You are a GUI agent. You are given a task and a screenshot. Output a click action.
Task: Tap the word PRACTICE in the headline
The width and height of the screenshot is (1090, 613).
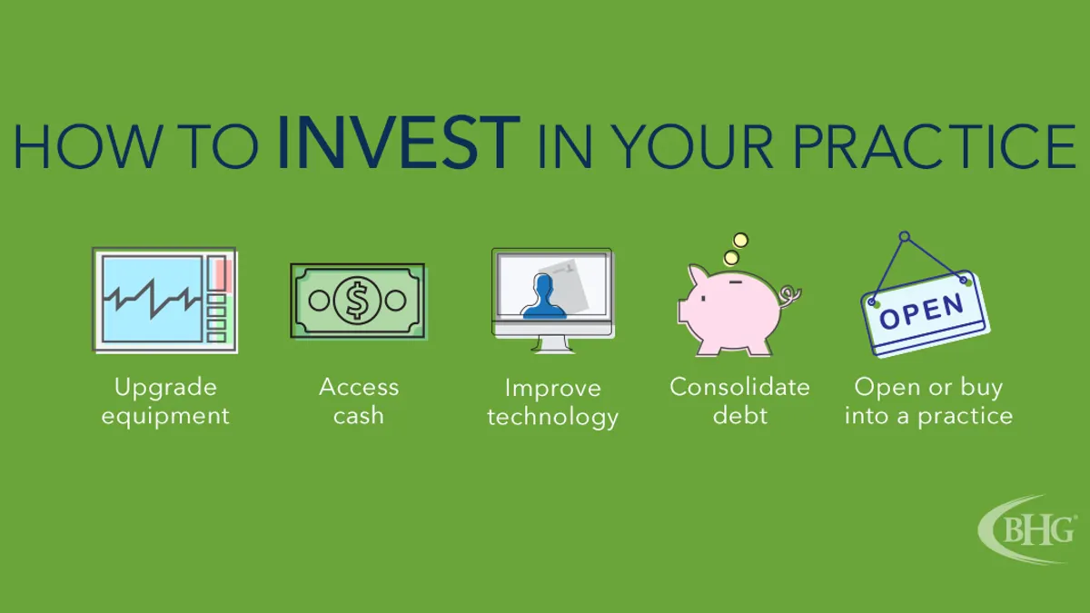tap(935, 145)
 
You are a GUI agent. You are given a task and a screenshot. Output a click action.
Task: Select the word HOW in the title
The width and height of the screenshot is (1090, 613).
tap(87, 145)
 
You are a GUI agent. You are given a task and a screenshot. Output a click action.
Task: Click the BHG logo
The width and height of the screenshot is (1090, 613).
tap(1027, 529)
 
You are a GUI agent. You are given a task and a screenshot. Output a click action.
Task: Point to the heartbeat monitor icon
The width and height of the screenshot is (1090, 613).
tap(164, 301)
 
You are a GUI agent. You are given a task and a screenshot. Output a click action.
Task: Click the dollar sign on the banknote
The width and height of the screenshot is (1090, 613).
tap(357, 301)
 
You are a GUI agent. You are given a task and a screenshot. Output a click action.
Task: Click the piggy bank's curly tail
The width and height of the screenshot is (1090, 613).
tap(789, 296)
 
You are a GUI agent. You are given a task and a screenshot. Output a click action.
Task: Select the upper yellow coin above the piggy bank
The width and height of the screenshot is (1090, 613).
tap(740, 241)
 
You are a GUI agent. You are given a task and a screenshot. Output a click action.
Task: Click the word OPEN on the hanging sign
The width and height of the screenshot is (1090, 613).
tap(922, 311)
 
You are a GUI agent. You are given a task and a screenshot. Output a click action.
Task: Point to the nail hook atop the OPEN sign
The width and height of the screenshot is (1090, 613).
tap(904, 237)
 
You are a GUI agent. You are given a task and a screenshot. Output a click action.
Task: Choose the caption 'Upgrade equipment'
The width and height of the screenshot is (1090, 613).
tap(165, 401)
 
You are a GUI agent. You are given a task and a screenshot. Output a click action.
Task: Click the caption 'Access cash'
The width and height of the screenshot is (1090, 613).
tap(359, 401)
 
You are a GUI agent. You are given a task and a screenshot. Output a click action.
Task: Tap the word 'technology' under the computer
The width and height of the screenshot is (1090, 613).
tap(553, 418)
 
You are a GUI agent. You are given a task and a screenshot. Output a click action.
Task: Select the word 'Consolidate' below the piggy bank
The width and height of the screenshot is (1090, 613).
tap(739, 387)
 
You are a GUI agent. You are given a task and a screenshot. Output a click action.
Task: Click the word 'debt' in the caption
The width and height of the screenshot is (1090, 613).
tap(740, 415)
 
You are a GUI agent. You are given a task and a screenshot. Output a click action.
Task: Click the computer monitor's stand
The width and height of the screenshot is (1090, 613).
tap(552, 344)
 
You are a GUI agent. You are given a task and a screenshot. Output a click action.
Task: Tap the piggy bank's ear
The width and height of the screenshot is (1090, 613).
tap(698, 275)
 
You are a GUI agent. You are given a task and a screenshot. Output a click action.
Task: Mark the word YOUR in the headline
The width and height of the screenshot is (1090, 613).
tap(691, 145)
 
